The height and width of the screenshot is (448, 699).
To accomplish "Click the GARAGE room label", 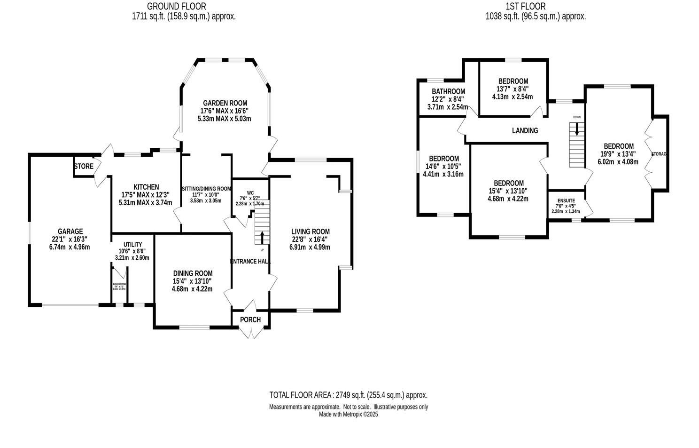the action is pos(70,231).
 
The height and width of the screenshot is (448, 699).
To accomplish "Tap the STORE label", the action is pos(83,166).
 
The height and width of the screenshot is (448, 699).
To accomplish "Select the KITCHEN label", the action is pos(146,187).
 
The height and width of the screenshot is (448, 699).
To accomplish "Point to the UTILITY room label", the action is pos(132,244).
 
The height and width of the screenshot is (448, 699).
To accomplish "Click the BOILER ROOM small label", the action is pos(119,285).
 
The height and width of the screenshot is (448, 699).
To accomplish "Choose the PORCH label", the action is pos(250,320).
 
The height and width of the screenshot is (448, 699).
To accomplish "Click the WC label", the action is pos(250,192).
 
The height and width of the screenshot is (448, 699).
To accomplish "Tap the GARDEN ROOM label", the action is pos(225,103).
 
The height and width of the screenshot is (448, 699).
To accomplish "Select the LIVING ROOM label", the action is pos(310,232).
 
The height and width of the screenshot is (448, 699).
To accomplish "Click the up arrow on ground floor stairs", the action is pos(262,236).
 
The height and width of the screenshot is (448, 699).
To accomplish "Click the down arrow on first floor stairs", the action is pos(576,130).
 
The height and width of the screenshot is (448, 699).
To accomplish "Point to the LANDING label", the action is pos(525,130).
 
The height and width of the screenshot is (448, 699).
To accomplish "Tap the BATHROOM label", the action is pos(448,91).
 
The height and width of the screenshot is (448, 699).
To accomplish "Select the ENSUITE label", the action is pos(566,200).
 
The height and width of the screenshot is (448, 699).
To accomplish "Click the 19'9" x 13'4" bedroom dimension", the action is pos(618,154).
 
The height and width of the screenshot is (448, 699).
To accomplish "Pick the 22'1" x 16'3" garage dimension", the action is pos(70,239).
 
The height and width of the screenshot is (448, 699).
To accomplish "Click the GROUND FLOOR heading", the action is pos(176,6).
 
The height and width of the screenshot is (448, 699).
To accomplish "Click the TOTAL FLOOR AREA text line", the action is pos(348,395).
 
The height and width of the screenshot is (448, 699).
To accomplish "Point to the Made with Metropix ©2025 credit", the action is pos(348,415).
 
